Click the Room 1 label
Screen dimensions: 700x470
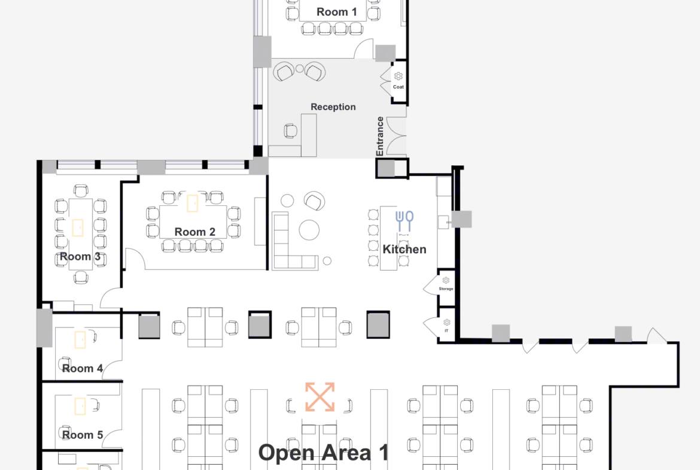(x=337, y=12)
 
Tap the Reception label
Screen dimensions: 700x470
(x=333, y=107)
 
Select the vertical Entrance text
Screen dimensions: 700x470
(x=380, y=137)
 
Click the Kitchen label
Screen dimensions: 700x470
(x=404, y=249)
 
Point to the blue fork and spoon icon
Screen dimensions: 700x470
(x=404, y=222)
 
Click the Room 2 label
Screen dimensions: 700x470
(x=194, y=232)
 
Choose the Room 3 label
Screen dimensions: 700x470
(x=80, y=256)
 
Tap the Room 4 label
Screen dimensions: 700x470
(x=83, y=369)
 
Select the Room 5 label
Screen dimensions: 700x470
(x=83, y=435)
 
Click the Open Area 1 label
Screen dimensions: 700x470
(x=323, y=453)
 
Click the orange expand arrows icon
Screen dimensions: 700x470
(x=320, y=397)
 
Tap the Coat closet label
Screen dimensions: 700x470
(x=398, y=87)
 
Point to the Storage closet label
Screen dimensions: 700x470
(x=446, y=289)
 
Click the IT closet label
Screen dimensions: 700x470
(x=446, y=330)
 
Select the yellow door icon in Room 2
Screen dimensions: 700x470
(x=193, y=204)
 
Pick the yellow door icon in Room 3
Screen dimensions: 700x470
(x=78, y=228)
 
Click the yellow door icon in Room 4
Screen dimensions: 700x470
(x=80, y=339)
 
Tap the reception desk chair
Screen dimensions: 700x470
(x=291, y=131)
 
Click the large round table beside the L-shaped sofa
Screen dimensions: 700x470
(x=309, y=230)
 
